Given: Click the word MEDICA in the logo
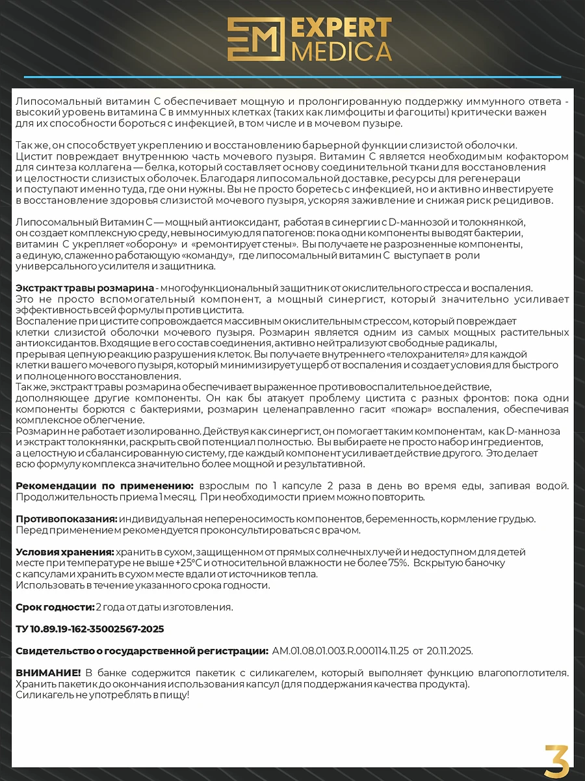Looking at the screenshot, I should click(342, 51).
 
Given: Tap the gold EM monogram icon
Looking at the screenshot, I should click(257, 39).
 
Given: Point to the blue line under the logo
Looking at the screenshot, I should click(292, 77).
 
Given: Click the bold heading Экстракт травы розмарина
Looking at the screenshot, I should click(85, 288).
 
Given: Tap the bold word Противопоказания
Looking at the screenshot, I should click(66, 519).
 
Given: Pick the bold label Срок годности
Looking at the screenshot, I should click(55, 607).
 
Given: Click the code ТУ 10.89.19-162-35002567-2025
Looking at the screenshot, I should click(90, 629).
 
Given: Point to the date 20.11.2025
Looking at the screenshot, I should click(449, 651).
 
